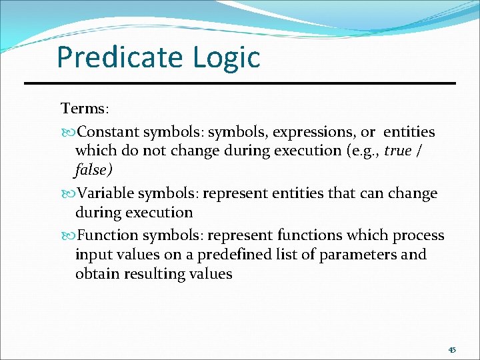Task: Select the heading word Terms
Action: click(x=82, y=108)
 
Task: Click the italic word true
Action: click(x=398, y=151)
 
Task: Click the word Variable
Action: click(x=104, y=193)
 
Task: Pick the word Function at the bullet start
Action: click(x=105, y=235)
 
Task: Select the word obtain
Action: click(x=97, y=273)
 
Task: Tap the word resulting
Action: click(x=154, y=273)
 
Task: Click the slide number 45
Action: click(x=452, y=350)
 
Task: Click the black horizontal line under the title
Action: click(x=240, y=83)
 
